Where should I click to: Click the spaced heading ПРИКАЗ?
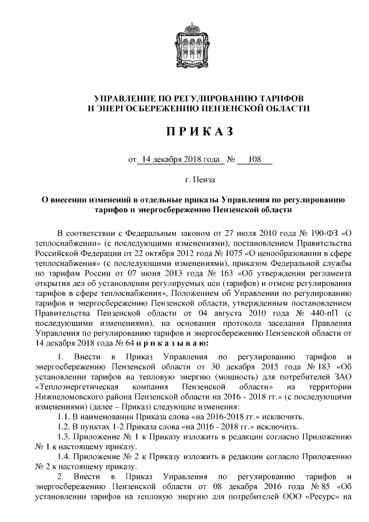pyautogui.click(x=199, y=132)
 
